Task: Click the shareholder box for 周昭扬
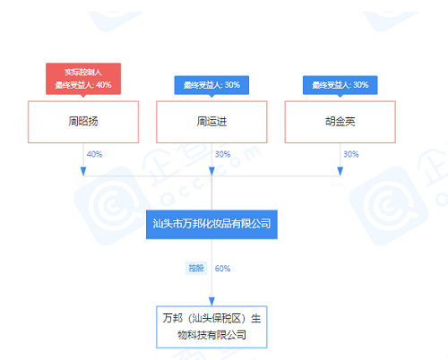pyautogui.click(x=83, y=122)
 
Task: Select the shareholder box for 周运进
pyautogui.click(x=211, y=122)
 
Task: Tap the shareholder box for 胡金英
pyautogui.click(x=340, y=122)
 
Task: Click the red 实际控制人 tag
pyautogui.click(x=83, y=79)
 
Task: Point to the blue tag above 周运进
pyautogui.click(x=211, y=85)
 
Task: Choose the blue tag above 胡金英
pyautogui.click(x=340, y=85)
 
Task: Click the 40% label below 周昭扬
pyautogui.click(x=94, y=154)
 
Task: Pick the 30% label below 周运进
pyautogui.click(x=223, y=154)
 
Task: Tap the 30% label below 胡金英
pyautogui.click(x=351, y=154)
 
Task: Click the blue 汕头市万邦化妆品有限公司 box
pyautogui.click(x=211, y=225)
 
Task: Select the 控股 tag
pyautogui.click(x=196, y=268)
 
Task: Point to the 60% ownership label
pyautogui.click(x=223, y=269)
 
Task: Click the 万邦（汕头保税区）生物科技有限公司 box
pyautogui.click(x=211, y=327)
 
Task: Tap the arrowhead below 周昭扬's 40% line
pyautogui.click(x=83, y=171)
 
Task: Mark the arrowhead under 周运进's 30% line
pyautogui.click(x=211, y=171)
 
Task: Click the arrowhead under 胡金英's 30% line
pyautogui.click(x=340, y=171)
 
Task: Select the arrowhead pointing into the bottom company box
pyautogui.click(x=211, y=302)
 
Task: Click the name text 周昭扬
pyautogui.click(x=83, y=122)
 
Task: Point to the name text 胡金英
pyautogui.click(x=340, y=122)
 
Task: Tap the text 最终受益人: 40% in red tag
pyautogui.click(x=83, y=85)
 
